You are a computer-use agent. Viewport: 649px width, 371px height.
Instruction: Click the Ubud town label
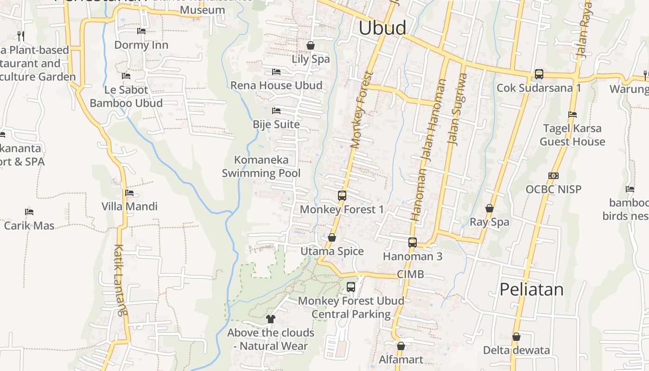point(382,28)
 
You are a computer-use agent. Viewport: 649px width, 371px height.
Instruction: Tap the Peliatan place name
point(531,289)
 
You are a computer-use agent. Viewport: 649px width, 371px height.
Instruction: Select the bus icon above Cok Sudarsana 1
point(539,74)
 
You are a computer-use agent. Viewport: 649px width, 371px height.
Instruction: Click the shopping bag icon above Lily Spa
point(311,45)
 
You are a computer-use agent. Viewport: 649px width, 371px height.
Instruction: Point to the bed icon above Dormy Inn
point(141,31)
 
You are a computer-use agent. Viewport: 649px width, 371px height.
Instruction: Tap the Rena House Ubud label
point(276,85)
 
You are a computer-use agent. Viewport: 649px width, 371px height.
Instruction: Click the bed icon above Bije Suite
point(276,111)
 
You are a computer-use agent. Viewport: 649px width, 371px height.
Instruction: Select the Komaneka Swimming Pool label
point(261,166)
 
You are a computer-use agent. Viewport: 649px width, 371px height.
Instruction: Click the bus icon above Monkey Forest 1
point(342,196)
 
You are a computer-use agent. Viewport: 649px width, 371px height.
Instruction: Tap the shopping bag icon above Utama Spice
point(332,238)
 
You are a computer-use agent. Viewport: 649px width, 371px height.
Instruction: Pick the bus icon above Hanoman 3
point(412,242)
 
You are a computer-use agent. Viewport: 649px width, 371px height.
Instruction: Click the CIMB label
point(410,274)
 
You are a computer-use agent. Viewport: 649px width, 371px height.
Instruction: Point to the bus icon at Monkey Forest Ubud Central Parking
point(351,287)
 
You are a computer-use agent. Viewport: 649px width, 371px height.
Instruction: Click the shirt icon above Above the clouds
point(271,319)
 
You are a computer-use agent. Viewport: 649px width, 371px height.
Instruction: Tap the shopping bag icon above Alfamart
point(401,346)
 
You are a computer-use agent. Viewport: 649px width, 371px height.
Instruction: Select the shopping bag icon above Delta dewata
point(516,337)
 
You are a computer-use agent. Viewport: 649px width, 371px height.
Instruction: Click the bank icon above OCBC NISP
point(553,176)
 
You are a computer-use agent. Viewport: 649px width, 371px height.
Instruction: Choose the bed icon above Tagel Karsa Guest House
point(573,115)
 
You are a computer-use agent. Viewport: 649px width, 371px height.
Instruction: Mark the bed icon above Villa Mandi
point(129,193)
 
